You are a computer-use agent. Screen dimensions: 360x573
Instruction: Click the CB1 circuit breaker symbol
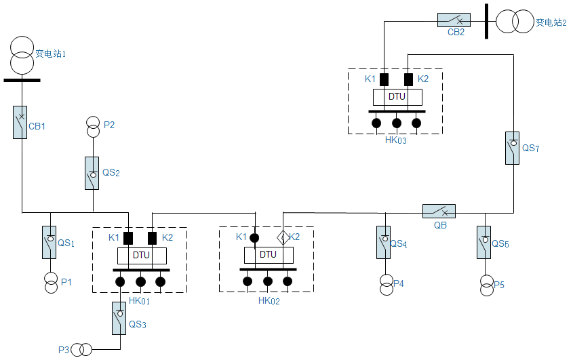20,122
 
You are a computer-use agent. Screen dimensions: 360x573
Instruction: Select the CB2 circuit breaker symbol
454,20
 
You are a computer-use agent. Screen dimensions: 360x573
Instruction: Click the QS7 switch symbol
513,147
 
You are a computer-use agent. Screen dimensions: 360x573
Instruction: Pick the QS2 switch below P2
92,173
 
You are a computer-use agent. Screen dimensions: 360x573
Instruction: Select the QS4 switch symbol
384,242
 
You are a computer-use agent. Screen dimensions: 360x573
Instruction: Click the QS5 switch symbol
484,242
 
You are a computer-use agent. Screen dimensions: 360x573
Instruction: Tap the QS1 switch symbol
50,242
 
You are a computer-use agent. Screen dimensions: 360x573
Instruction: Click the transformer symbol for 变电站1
22,56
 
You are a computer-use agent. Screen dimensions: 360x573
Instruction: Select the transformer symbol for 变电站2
515,22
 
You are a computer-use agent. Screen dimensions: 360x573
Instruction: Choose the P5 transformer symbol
486,285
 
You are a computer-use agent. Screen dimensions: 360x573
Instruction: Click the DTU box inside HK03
397,97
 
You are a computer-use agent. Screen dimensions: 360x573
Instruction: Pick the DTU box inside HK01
141,255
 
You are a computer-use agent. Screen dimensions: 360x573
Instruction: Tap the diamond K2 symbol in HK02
283,237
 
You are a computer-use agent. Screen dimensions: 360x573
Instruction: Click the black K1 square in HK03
384,79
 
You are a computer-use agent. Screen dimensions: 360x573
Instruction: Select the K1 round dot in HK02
254,237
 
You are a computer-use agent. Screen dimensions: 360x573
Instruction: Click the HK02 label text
269,300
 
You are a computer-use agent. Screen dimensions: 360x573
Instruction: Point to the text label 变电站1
50,52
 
